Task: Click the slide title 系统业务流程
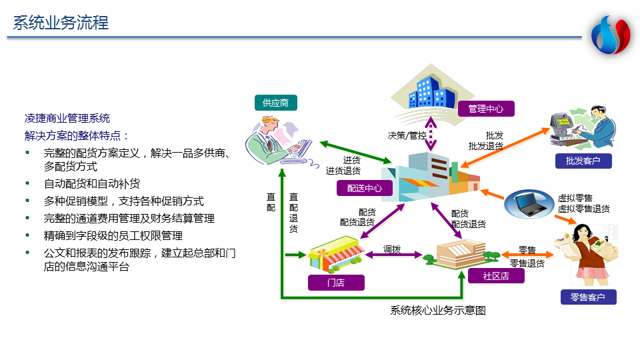61,23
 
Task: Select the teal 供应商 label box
275,103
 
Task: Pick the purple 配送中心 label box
365,189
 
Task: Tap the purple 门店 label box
336,282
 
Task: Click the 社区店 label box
495,275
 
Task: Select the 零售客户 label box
588,297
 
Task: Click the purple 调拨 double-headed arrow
394,255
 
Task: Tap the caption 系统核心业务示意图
438,310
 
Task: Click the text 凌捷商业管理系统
67,119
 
